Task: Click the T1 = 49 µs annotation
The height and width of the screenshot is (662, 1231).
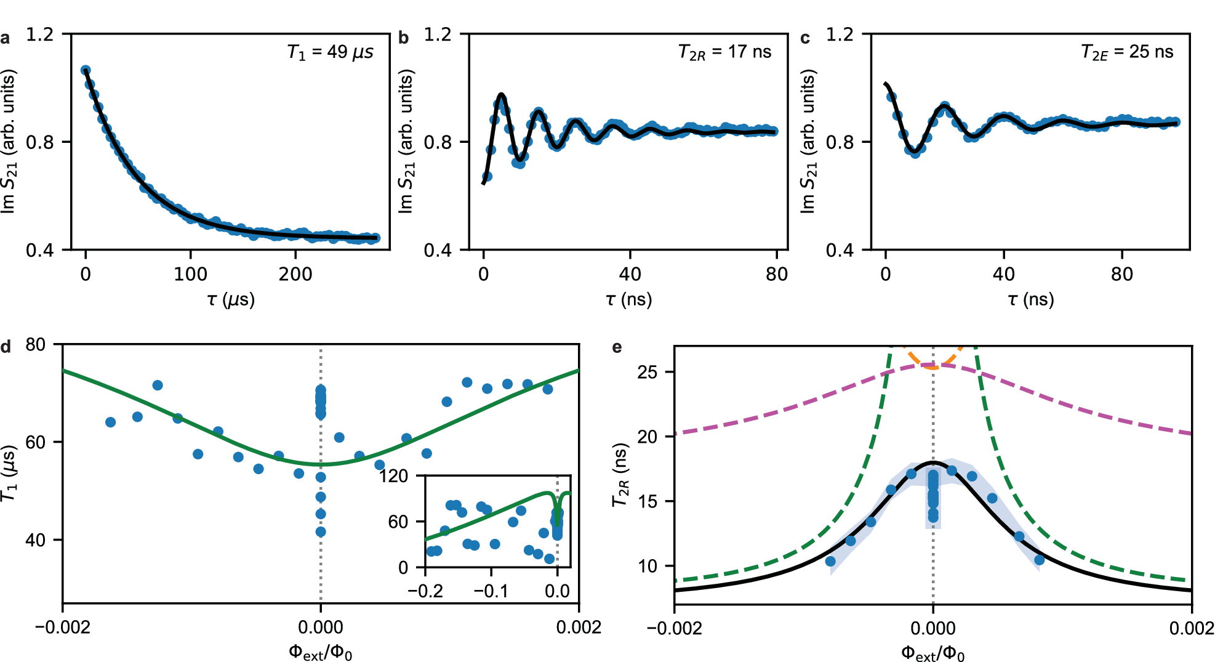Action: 330,52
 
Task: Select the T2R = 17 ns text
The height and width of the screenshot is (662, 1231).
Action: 724,52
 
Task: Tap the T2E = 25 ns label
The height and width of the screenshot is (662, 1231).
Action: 1127,52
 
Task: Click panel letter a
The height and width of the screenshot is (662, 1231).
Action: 6,39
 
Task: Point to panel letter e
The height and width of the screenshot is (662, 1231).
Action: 617,348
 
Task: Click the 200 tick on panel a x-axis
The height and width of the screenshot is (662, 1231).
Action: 295,274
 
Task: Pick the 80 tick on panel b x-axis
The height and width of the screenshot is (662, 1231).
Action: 777,274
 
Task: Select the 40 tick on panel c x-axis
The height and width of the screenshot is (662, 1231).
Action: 1003,274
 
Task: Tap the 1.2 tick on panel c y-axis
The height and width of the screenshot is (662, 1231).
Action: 840,34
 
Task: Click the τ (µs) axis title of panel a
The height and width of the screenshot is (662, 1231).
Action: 231,300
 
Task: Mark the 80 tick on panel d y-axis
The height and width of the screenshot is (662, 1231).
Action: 36,344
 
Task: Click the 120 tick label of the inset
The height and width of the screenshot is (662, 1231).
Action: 393,476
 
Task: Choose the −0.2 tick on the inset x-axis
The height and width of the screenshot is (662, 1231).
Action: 425,591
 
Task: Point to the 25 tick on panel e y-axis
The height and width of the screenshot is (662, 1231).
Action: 648,372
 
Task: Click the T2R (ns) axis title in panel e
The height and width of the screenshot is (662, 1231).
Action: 620,475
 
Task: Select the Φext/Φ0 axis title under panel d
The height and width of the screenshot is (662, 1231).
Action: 320,652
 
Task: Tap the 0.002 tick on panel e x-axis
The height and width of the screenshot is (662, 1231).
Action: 1192,628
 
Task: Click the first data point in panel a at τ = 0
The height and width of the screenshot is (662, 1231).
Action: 86,70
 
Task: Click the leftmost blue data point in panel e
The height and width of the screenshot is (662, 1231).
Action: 830,561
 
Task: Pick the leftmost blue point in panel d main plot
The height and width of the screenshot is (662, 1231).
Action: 111,422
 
